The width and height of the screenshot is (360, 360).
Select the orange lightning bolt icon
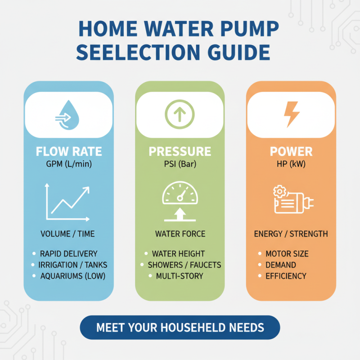[x=291, y=114]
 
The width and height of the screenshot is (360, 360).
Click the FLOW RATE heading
[x=69, y=152]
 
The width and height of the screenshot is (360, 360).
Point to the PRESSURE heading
[x=180, y=152]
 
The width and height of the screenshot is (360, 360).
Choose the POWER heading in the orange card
[x=291, y=152]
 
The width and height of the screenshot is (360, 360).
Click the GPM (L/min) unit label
[x=69, y=164]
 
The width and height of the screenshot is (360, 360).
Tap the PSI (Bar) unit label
[x=180, y=164]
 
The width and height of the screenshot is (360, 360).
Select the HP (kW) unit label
[x=291, y=164]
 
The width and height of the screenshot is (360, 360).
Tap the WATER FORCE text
[x=180, y=234]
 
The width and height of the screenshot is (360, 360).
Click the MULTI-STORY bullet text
[x=180, y=276]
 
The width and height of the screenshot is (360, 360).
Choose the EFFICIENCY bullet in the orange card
[x=286, y=276]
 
